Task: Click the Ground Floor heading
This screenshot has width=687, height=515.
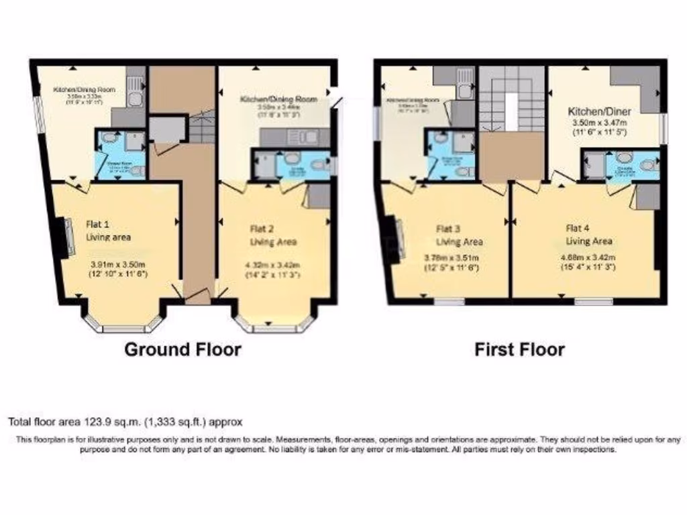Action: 183,349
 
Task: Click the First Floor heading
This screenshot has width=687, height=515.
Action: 519,349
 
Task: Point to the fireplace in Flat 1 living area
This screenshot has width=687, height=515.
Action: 68,237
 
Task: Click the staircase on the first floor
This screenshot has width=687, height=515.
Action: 511,101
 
